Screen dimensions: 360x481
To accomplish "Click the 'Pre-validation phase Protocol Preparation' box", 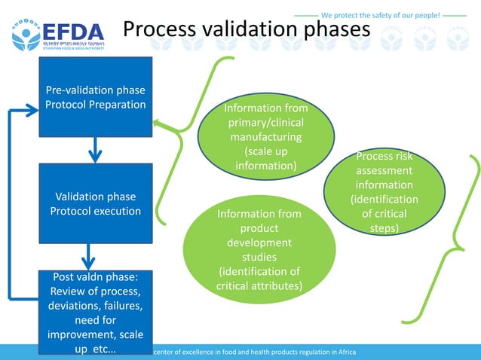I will (95, 98).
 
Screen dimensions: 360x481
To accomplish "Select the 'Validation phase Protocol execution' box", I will (95, 203).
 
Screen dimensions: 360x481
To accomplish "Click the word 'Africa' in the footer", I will (344, 352).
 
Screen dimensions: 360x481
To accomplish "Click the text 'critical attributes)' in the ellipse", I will (259, 285).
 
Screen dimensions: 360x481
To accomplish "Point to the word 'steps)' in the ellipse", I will (384, 227).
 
